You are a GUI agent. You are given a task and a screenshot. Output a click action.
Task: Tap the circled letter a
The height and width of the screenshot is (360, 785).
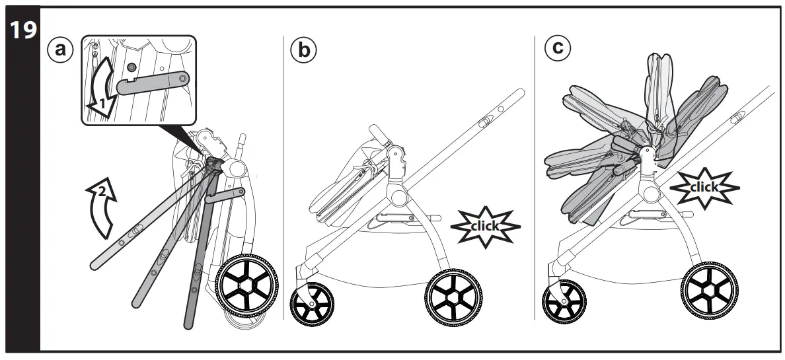coord(61,50)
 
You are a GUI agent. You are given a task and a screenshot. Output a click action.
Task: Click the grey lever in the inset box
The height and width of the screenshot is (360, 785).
coord(156,83)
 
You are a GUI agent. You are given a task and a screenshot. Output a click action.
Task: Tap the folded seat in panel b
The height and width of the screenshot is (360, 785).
coord(344,185)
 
